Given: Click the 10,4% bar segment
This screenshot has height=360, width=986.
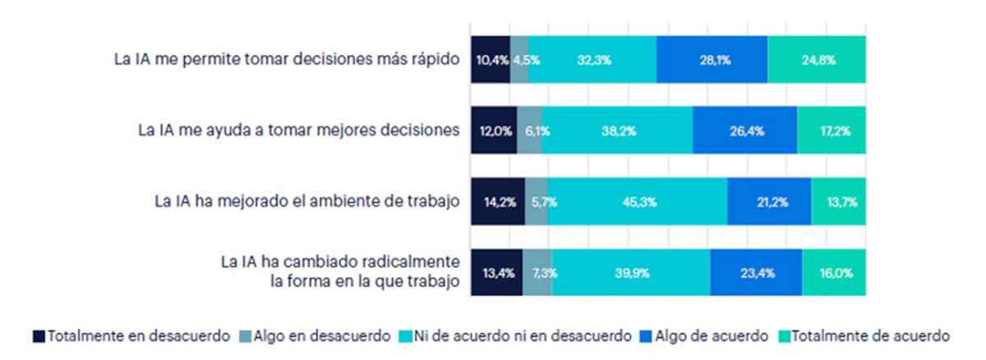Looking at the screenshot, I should click(491, 59).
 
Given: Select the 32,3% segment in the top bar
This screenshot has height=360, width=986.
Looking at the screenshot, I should click(592, 59).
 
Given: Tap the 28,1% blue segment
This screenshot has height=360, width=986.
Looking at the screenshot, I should click(712, 59).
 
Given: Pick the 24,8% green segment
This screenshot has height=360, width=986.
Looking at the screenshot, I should click(816, 59).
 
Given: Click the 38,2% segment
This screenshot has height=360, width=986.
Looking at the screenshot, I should click(617, 130).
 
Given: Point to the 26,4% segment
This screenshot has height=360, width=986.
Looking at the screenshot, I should click(744, 130).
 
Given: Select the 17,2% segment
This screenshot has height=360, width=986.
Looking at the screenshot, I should click(831, 130).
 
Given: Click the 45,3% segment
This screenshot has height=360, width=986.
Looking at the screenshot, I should click(638, 201).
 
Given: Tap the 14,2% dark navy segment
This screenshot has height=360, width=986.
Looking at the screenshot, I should click(497, 201).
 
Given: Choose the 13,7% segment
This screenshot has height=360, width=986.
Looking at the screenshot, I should click(838, 201).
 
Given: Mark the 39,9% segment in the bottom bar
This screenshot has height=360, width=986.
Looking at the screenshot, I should click(631, 271).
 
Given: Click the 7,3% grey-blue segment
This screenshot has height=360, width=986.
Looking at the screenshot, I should click(537, 271).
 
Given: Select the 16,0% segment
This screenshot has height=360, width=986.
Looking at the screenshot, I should click(833, 271).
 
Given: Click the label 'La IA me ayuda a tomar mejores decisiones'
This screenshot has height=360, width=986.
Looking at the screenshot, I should click(297, 130).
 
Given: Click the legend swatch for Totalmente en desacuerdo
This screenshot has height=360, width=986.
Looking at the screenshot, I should click(39, 335).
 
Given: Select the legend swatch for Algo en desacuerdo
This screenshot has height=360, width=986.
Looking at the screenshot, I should click(245, 335).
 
